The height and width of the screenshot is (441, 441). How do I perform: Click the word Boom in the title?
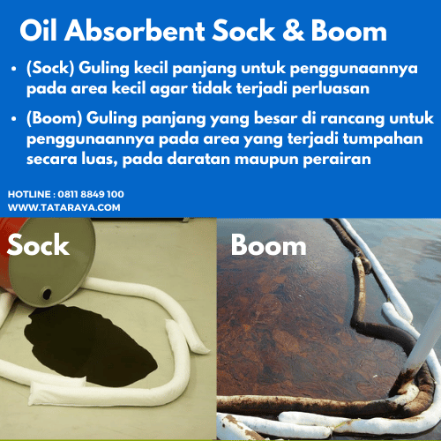click(x=348, y=31)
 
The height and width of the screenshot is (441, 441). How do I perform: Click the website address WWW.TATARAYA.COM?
click(x=64, y=207)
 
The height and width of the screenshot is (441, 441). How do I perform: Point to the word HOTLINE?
click(x=30, y=193)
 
